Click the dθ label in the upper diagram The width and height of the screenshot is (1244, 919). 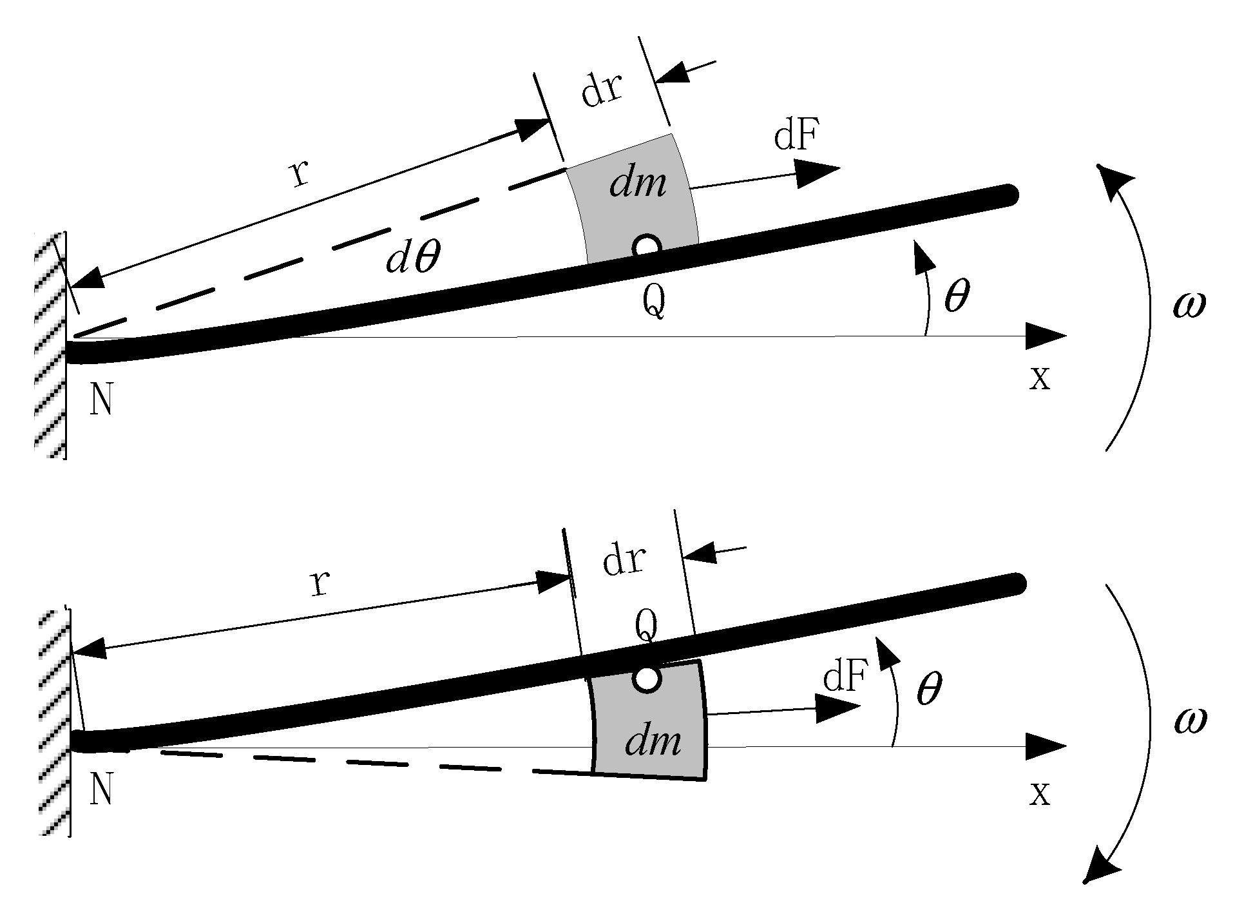(414, 259)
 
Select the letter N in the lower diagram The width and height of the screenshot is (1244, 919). (102, 789)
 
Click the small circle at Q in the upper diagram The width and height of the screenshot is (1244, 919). (646, 246)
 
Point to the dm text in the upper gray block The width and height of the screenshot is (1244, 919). (638, 185)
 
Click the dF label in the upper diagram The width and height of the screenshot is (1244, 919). (797, 137)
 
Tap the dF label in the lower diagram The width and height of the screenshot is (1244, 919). (844, 678)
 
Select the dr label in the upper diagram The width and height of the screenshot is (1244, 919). (601, 91)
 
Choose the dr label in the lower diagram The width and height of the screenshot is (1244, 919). (624, 560)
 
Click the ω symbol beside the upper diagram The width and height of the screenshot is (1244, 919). (1189, 305)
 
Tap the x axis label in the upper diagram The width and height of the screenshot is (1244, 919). (1039, 378)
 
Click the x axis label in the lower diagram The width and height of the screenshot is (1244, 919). (1039, 793)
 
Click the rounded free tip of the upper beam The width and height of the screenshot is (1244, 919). (1009, 195)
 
